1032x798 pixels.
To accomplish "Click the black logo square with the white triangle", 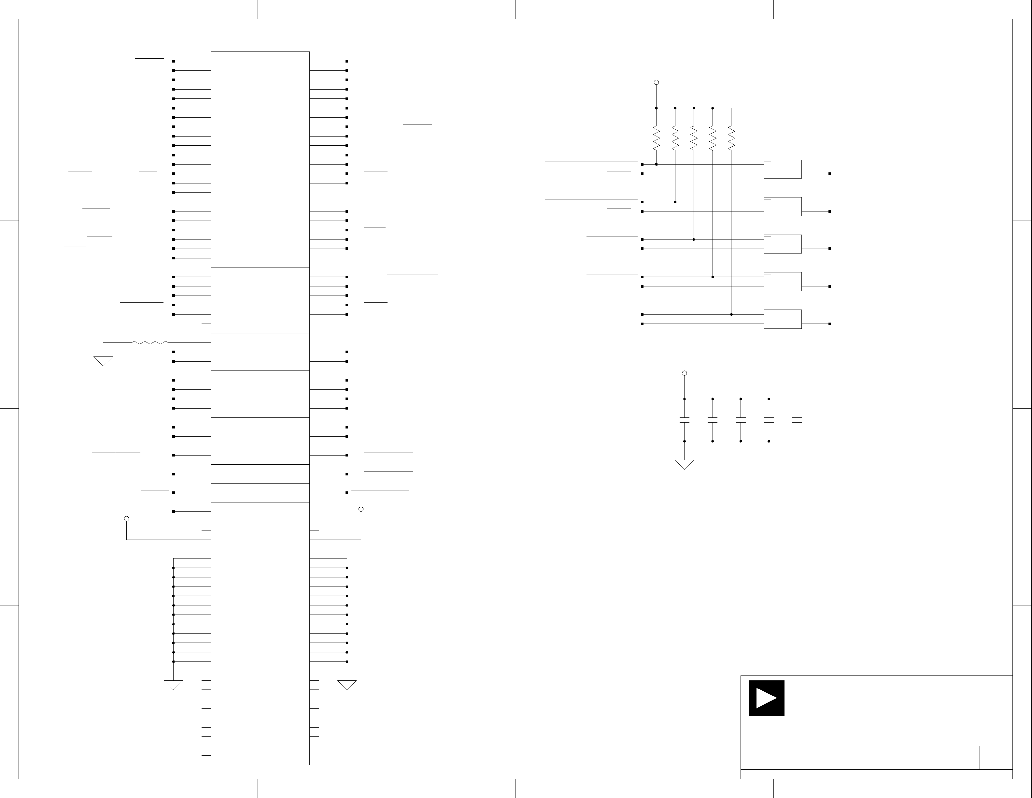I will [x=767, y=698].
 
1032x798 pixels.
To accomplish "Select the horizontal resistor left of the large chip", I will [x=150, y=342].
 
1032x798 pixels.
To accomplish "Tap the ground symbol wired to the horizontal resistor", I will [x=103, y=361].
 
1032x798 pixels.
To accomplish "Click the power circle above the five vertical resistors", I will [x=656, y=82].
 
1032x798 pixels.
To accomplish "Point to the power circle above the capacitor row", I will [x=684, y=373].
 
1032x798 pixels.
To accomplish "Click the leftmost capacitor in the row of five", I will [x=684, y=420].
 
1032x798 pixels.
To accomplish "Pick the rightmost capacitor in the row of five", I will [x=797, y=420].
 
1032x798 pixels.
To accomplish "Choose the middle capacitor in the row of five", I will [x=741, y=420].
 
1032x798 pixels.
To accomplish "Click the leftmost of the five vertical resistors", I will [x=656, y=138].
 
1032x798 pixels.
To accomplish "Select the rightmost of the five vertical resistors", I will [x=731, y=138].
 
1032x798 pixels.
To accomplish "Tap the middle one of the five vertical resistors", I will [x=694, y=138].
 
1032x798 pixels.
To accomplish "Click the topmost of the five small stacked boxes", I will [x=783, y=169].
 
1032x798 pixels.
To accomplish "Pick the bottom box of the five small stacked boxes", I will [x=783, y=319].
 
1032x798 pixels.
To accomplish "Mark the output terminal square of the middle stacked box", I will [x=830, y=249].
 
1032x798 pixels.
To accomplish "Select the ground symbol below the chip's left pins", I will [x=174, y=685].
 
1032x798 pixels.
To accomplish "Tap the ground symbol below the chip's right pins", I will [x=347, y=685].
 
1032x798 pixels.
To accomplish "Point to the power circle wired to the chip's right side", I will [x=361, y=509].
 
